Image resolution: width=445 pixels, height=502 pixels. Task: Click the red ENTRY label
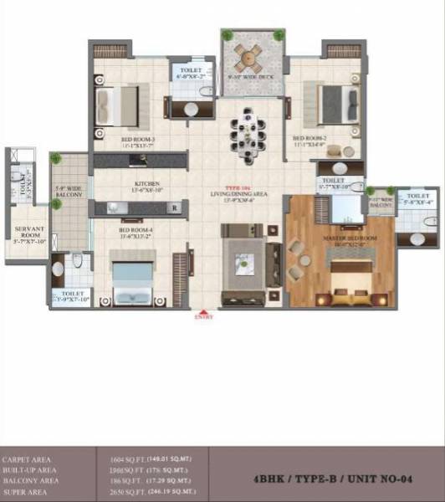pos(203,317)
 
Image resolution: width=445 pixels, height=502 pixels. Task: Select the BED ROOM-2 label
pos(308,139)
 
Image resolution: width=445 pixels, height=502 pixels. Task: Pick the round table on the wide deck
pos(248,57)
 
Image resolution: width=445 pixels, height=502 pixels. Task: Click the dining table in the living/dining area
pos(248,132)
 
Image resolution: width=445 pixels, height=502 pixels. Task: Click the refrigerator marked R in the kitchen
pos(174,207)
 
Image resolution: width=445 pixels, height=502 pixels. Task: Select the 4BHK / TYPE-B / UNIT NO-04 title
pos(327,480)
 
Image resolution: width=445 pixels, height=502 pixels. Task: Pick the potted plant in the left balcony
pos(56,158)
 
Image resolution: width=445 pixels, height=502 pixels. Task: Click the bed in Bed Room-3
pos(117,105)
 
